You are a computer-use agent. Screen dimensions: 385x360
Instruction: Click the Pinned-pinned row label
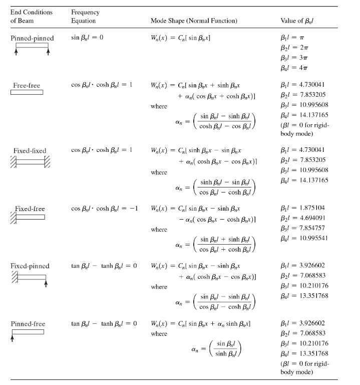tap(32, 38)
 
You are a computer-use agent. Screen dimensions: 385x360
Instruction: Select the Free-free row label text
tap(26, 85)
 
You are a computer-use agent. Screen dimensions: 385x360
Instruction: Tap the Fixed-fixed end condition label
tap(30, 151)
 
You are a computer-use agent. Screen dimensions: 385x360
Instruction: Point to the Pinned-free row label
tap(28, 324)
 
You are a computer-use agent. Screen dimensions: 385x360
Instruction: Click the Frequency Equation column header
tap(85, 17)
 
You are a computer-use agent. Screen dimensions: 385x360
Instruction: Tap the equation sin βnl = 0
tap(87, 38)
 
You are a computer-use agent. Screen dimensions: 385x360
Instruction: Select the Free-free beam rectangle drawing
tap(27, 92)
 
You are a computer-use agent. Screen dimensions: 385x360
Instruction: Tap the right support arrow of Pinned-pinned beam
tap(48, 50)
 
